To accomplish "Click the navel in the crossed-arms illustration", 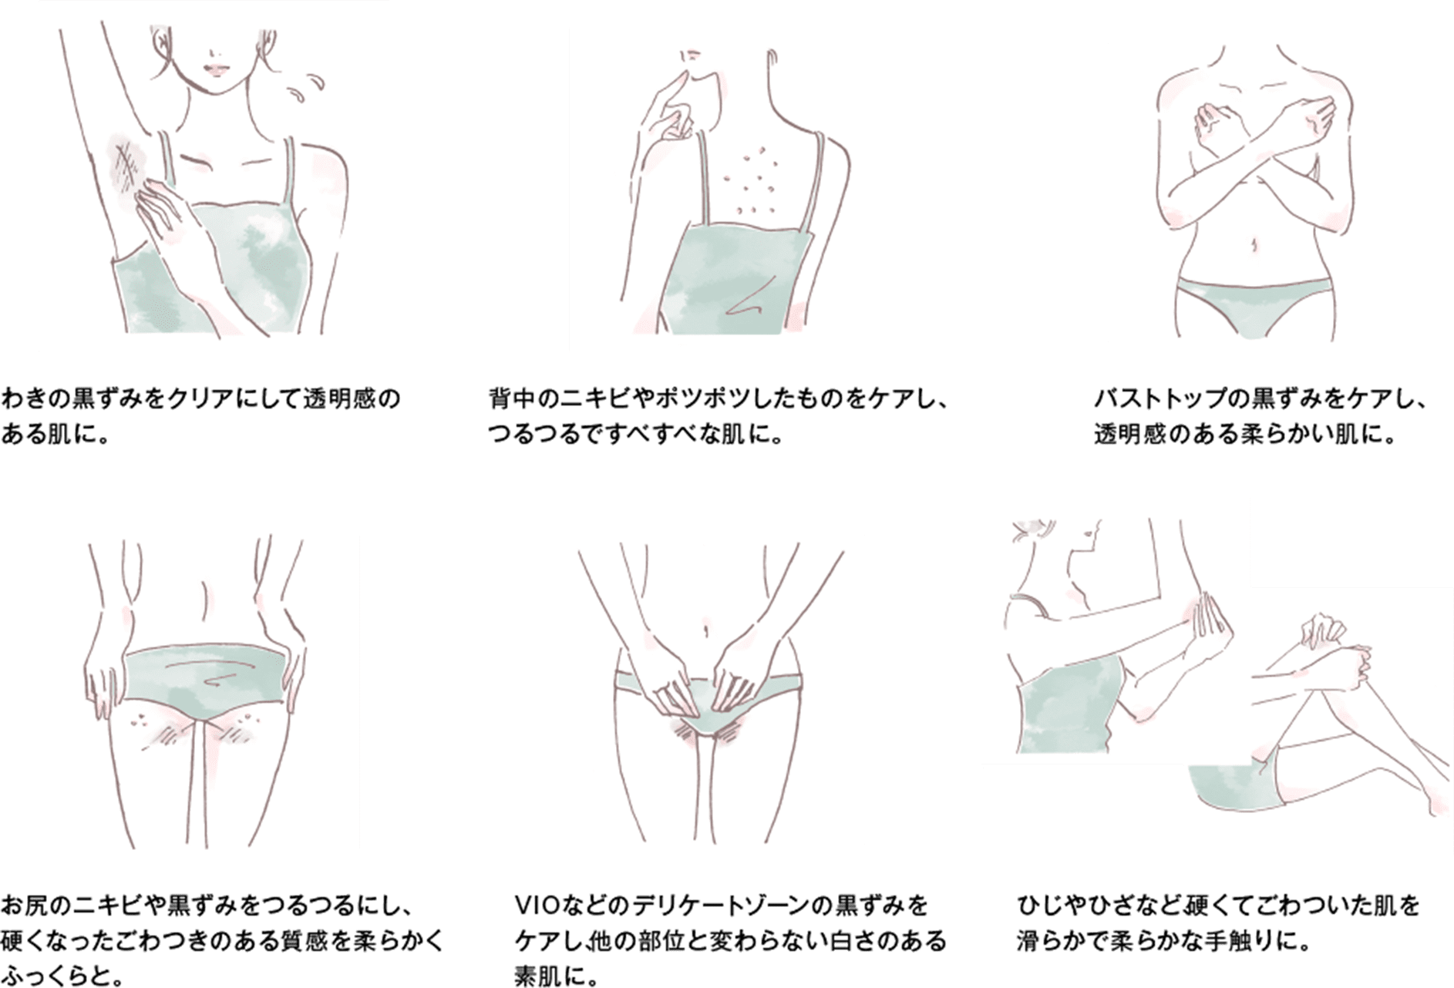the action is click(x=1254, y=244).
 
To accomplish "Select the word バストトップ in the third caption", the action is click(x=1159, y=400).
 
